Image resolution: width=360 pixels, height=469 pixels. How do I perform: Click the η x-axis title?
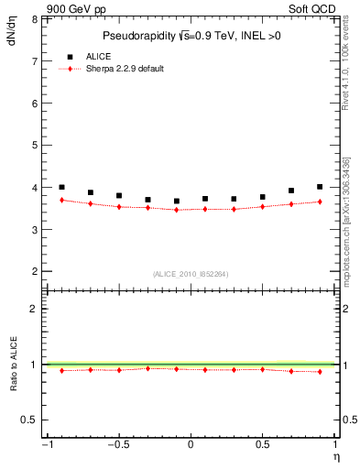pyautogui.click(x=334, y=456)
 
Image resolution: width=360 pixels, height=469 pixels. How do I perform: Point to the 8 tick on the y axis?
pyautogui.click(x=34, y=19)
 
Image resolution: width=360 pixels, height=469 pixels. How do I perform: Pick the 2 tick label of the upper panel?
pyautogui.click(x=34, y=272)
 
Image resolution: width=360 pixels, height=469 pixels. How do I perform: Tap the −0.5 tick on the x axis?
pyautogui.click(x=116, y=445)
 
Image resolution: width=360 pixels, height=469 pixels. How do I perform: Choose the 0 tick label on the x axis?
pyautogui.click(x=191, y=445)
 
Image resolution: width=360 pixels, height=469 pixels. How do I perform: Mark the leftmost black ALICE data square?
pyautogui.click(x=61, y=187)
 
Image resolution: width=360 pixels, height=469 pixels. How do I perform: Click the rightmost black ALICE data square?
pyautogui.click(x=320, y=187)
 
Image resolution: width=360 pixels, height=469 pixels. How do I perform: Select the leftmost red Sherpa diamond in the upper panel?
pyautogui.click(x=61, y=200)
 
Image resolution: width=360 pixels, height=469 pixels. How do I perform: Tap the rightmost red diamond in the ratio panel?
pyautogui.click(x=320, y=371)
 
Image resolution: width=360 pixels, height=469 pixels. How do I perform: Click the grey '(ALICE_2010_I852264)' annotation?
pyautogui.click(x=190, y=273)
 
